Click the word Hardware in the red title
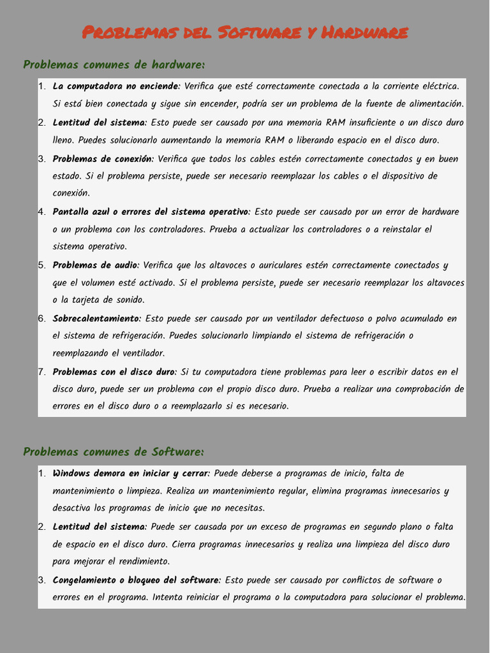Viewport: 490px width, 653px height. click(364, 32)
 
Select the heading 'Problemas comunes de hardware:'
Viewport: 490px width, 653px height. click(114, 64)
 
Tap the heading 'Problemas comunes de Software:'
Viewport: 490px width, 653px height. click(114, 451)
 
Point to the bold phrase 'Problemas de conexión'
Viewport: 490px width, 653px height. click(102, 158)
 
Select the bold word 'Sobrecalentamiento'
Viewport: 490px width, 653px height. click(96, 318)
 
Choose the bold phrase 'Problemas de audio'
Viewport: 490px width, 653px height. click(95, 265)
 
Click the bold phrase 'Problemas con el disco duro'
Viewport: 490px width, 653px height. click(114, 371)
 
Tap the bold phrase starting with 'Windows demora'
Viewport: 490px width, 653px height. click(130, 473)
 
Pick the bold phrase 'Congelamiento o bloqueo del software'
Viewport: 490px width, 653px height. click(136, 580)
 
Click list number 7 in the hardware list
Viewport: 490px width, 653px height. click(41, 371)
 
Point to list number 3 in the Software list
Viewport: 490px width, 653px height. click(41, 580)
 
